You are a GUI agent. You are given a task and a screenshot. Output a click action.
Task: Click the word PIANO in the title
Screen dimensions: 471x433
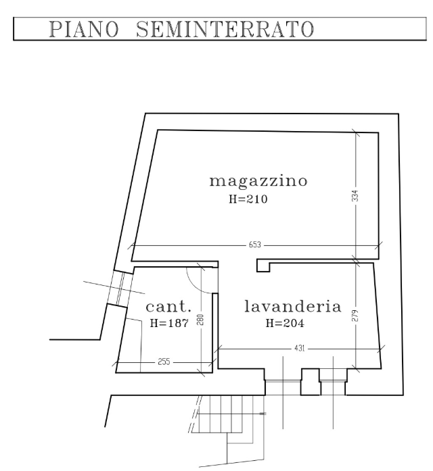85,30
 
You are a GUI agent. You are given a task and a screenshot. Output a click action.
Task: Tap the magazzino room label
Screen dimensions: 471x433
259,180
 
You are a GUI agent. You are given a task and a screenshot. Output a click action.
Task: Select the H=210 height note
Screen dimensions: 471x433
248,199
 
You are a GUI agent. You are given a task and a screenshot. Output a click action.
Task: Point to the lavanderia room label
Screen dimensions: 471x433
292,307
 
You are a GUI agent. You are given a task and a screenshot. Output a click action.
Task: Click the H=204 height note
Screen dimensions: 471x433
284,324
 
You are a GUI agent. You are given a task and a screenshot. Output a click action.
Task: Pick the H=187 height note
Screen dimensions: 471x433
168,324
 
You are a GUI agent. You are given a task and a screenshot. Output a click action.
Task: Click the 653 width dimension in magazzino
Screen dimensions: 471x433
256,243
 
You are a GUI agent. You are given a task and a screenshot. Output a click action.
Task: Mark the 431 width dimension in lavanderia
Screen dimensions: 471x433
298,349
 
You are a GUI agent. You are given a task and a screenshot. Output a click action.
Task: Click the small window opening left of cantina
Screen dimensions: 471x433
118,291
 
